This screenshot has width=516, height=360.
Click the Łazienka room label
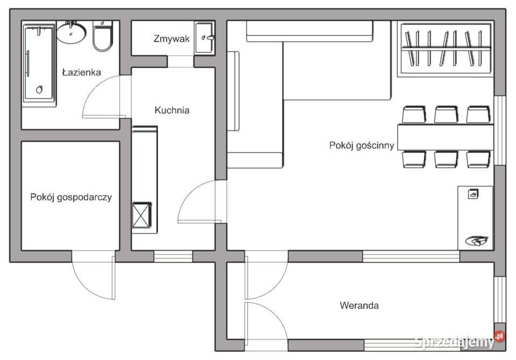[81, 73]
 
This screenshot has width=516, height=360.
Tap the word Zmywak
[171, 39]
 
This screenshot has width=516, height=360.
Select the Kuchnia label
[172, 110]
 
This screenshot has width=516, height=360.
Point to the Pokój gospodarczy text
[71, 197]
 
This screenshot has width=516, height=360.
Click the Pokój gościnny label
[361, 145]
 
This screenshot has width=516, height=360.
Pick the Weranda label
[359, 305]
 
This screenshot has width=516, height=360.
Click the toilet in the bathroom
[103, 36]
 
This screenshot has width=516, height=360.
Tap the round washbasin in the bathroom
[71, 32]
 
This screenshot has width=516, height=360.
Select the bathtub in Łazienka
[39, 63]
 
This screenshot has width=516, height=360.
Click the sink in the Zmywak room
[204, 38]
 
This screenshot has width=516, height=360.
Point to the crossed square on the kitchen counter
[142, 215]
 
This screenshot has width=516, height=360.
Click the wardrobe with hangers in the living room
[445, 49]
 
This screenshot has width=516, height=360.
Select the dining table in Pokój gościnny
[446, 137]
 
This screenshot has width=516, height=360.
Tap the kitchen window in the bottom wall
[173, 256]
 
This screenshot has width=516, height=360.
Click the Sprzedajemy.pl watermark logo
[460, 341]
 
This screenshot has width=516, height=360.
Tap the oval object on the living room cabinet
[476, 241]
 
